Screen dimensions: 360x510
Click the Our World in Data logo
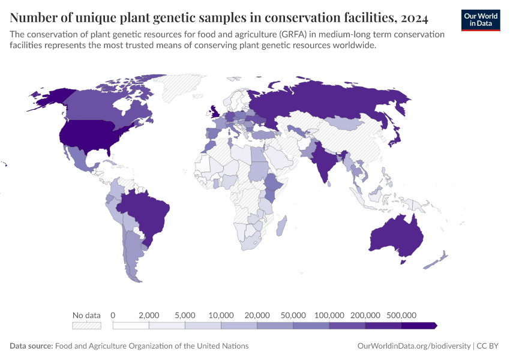click(480, 19)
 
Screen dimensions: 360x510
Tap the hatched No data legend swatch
click(86, 325)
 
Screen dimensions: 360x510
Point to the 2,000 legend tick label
click(149, 315)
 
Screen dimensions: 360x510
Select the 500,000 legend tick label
click(401, 315)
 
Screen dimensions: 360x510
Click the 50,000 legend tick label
click(293, 315)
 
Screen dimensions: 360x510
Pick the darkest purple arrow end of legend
click(420, 325)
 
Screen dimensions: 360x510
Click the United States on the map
click(90, 135)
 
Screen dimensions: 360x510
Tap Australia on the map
click(396, 237)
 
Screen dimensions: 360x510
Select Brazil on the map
click(144, 210)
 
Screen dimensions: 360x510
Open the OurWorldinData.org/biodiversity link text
click(413, 346)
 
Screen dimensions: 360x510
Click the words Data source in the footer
click(31, 346)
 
